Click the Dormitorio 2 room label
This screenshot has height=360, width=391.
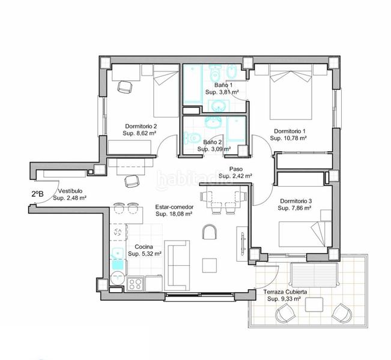click(x=141, y=127)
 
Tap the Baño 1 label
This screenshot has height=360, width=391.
click(x=223, y=85)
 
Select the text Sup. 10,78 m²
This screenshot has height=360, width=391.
click(x=288, y=138)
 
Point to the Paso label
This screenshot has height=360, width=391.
click(x=236, y=169)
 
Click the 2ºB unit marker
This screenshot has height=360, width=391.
click(x=37, y=194)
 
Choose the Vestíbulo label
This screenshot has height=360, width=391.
click(x=70, y=191)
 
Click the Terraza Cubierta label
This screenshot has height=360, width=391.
click(x=285, y=292)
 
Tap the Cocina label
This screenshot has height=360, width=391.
click(x=144, y=247)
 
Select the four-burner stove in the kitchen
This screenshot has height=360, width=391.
click(x=135, y=284)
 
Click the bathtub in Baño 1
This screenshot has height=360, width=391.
click(x=193, y=84)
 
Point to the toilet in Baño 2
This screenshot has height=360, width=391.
click(x=192, y=137)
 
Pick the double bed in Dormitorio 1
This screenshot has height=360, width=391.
click(x=291, y=92)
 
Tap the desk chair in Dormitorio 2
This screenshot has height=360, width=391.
click(x=125, y=87)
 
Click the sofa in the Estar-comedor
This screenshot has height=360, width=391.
click(x=177, y=266)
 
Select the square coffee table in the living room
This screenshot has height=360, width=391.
click(x=210, y=266)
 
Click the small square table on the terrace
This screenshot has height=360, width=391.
click(x=314, y=304)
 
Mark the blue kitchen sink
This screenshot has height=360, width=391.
click(x=118, y=259)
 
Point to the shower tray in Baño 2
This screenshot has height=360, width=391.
click(x=237, y=130)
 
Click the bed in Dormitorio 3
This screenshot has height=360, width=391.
click(x=305, y=234)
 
